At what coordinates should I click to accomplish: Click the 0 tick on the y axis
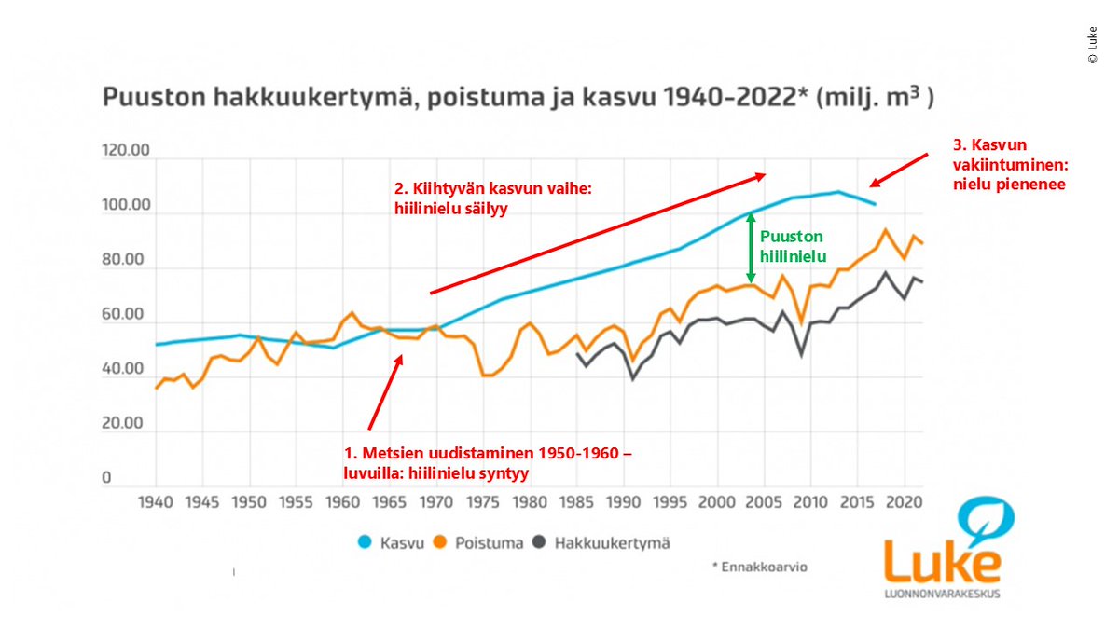[x=106, y=478]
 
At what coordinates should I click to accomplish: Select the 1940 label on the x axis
[x=155, y=502]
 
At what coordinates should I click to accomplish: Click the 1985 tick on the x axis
[x=577, y=502]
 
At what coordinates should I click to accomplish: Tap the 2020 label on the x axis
[x=905, y=502]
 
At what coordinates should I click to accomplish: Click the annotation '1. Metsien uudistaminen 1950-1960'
[x=489, y=462]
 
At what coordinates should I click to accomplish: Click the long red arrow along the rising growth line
[x=597, y=233]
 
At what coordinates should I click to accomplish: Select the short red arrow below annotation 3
[x=898, y=171]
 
